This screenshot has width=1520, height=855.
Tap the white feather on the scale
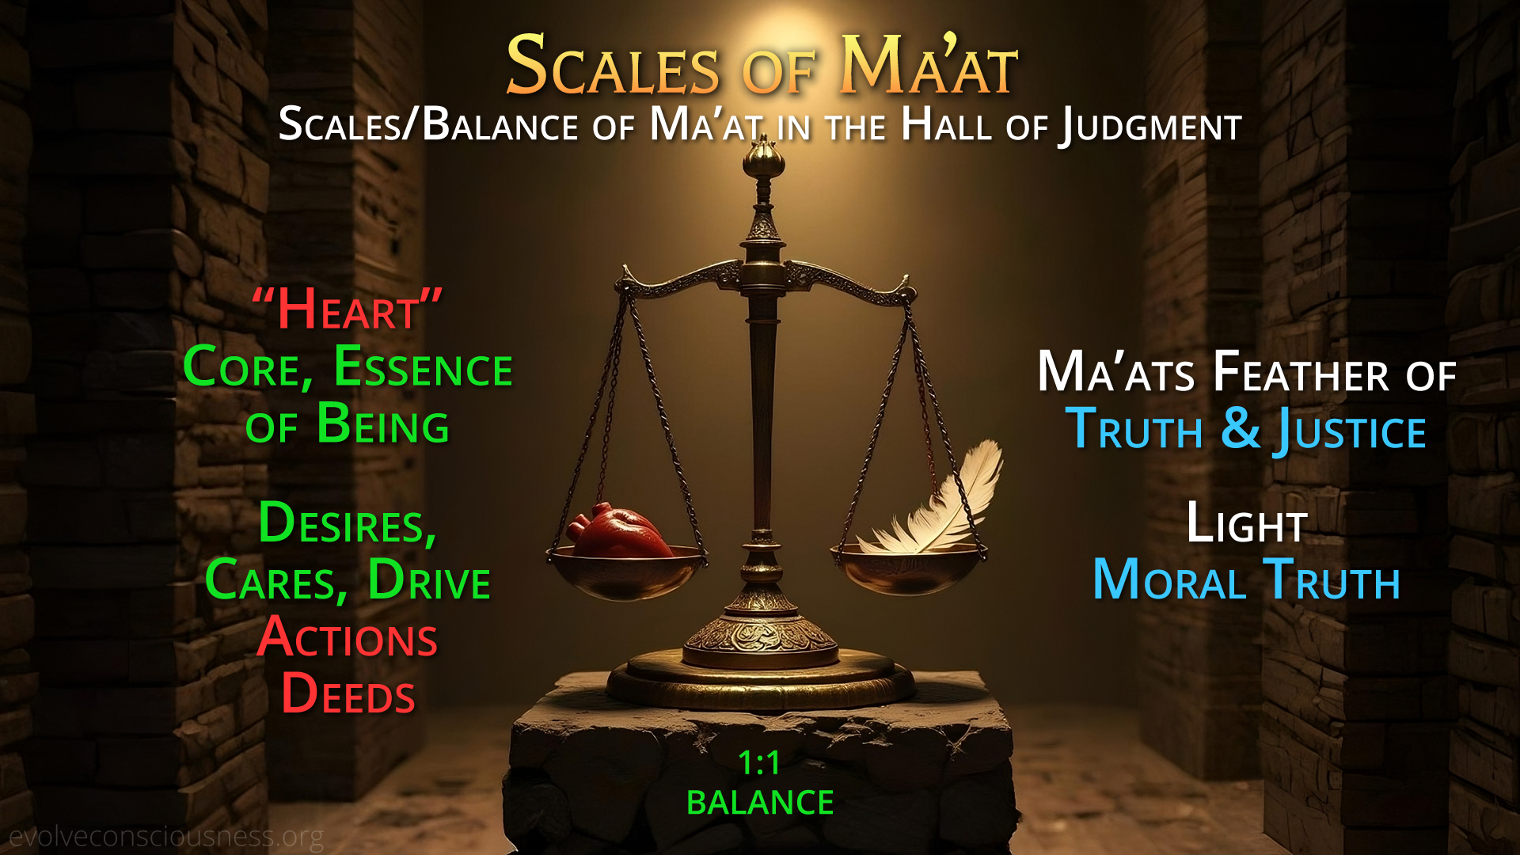point(934,503)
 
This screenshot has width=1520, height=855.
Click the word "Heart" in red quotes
point(347,309)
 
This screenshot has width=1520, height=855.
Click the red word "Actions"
point(348,637)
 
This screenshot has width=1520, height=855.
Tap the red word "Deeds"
point(348,693)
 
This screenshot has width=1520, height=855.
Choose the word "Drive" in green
point(429,579)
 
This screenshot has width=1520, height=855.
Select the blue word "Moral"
point(1169,579)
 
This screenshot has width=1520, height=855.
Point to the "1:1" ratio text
point(759,762)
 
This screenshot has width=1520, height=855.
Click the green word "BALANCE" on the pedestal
point(760,803)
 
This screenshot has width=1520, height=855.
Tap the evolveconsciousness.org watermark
point(166,836)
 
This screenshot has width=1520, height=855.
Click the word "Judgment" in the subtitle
point(1151,127)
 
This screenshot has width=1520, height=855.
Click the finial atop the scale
point(763,158)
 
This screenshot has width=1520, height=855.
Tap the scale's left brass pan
point(625,572)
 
